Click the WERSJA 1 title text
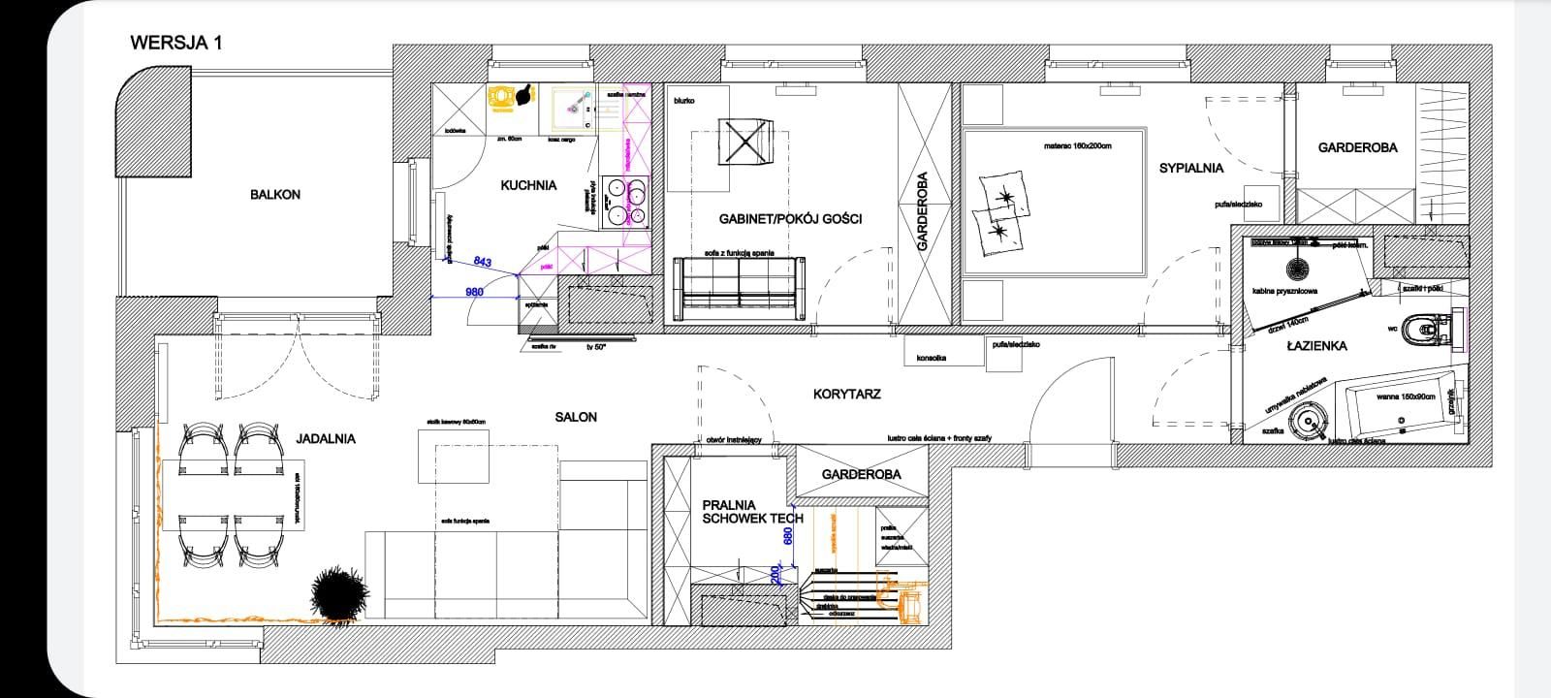[176, 43]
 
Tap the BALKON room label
[275, 195]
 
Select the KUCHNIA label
[528, 184]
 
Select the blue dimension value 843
[482, 262]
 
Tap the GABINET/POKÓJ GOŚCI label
[790, 219]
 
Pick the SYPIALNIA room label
[1191, 168]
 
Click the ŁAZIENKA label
[1316, 346]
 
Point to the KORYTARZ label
[846, 395]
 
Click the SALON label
[576, 417]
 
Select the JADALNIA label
[326, 438]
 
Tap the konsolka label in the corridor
[933, 358]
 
